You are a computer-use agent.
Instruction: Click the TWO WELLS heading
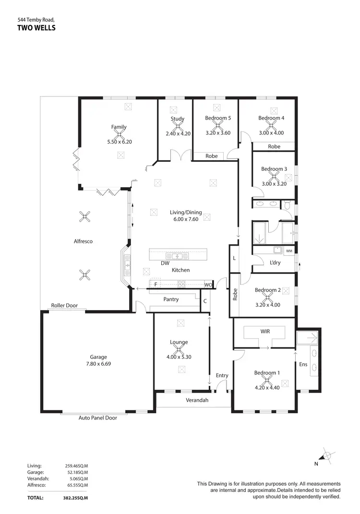(x=36, y=28)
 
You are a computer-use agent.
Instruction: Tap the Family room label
(x=119, y=127)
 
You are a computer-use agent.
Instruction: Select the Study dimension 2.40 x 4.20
(x=178, y=133)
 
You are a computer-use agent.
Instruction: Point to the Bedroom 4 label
(x=271, y=118)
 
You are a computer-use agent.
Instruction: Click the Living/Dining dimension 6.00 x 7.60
(x=185, y=219)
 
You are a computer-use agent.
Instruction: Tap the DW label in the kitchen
(x=165, y=263)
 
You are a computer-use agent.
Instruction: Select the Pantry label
(x=171, y=299)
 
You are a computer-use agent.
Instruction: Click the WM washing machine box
(x=288, y=251)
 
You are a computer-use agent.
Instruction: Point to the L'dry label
(x=275, y=263)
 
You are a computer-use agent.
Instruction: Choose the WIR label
(x=265, y=331)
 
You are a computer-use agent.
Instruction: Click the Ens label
(x=303, y=365)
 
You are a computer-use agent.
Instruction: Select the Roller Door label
(x=64, y=305)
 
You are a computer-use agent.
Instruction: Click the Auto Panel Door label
(x=97, y=418)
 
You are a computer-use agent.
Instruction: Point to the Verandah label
(x=197, y=400)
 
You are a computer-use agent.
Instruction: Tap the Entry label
(x=222, y=375)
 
